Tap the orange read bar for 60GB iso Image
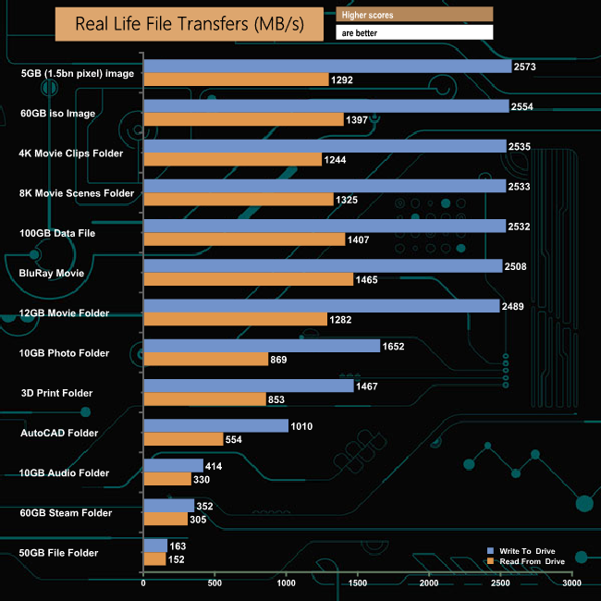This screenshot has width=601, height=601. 243,120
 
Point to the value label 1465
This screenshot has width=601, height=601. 368,279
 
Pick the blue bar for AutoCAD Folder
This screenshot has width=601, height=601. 215,426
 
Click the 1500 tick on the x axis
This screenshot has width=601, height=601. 358,583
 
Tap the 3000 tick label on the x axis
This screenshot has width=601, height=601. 572,583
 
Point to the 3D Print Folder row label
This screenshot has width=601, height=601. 57,393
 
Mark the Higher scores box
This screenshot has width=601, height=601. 414,14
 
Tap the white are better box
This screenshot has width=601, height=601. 414,32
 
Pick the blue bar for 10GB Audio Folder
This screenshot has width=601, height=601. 173,466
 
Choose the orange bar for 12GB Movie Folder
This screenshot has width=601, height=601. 235,319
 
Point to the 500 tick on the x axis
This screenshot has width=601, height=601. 215,583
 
